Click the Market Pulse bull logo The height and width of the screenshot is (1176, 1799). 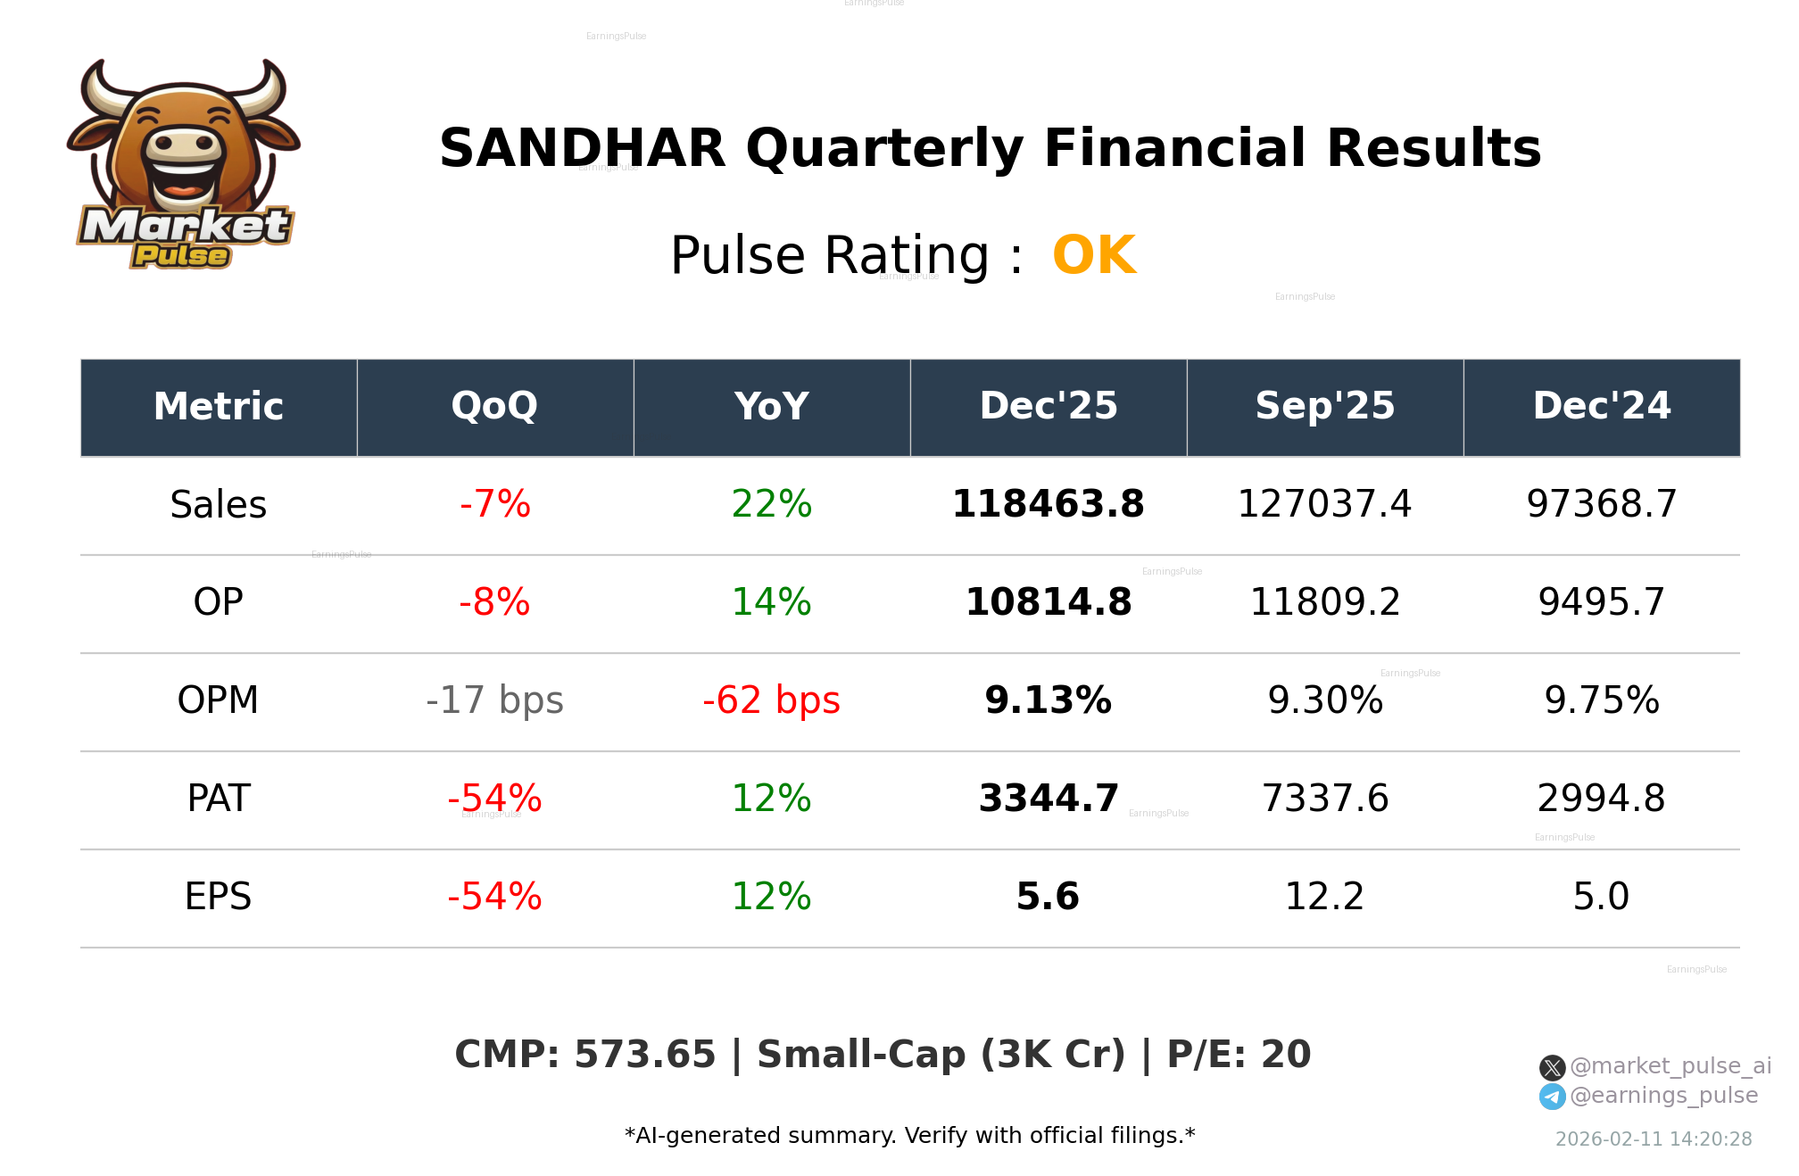tap(184, 165)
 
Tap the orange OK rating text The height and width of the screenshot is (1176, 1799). tap(1093, 256)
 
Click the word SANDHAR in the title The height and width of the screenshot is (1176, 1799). tap(582, 148)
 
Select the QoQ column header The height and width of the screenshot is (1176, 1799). tap(494, 407)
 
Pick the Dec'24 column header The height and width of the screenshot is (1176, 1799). tap(1601, 407)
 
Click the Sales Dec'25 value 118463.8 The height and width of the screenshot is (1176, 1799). tap(1048, 504)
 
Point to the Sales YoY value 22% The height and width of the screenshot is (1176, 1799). tap(771, 504)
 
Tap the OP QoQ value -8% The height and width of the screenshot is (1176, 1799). tap(494, 602)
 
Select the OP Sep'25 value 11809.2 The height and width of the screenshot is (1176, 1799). tap(1324, 602)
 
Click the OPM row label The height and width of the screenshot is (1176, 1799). tap(218, 700)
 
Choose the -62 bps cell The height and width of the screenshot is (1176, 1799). tap(771, 700)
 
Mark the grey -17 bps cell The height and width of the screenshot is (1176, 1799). tap(494, 700)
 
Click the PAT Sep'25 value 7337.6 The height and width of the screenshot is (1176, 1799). tap(1324, 799)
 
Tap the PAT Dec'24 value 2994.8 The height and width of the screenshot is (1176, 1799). tap(1601, 799)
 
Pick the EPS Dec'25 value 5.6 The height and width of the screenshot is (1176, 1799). tap(1048, 897)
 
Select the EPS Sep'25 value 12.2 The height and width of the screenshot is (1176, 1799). tap(1324, 897)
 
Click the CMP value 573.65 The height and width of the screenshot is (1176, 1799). tap(644, 1055)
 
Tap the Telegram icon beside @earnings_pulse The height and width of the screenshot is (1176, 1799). tap(1552, 1097)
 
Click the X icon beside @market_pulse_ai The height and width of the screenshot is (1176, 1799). tap(1552, 1067)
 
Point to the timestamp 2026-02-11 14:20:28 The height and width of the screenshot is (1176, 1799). tap(1653, 1139)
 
